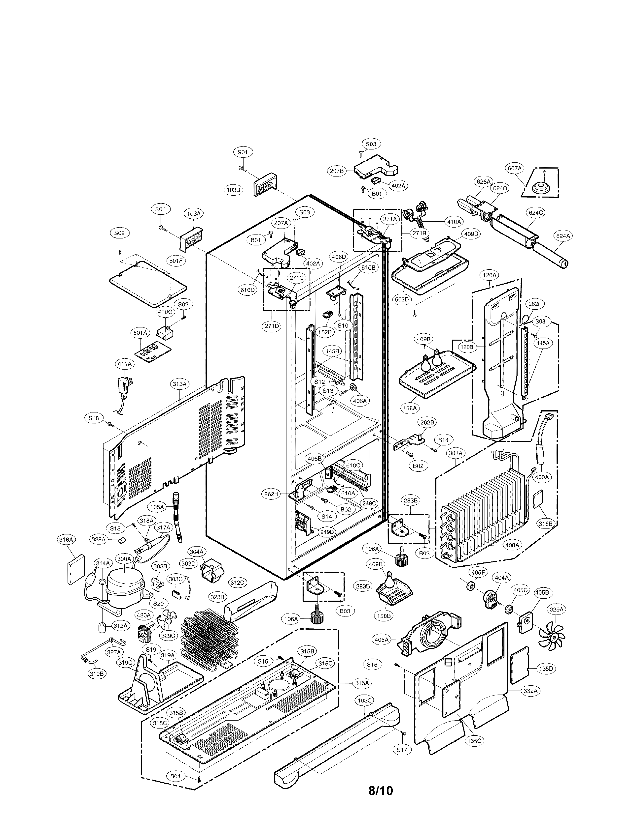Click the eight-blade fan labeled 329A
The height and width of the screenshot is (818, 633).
pyautogui.click(x=551, y=633)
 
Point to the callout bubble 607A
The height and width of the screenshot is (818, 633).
pyautogui.click(x=515, y=169)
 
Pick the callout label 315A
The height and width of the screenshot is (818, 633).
pyautogui.click(x=362, y=683)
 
